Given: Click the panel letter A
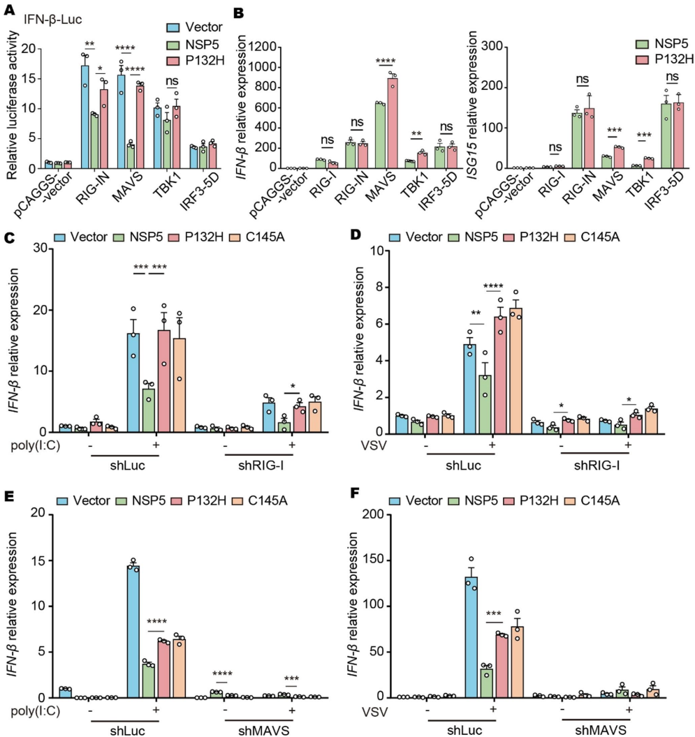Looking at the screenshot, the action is [x=9, y=9].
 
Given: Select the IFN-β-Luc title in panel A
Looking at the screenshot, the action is [x=52, y=20].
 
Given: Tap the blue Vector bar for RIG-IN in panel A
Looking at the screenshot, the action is [x=85, y=117].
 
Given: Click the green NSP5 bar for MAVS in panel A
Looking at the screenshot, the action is [x=131, y=156].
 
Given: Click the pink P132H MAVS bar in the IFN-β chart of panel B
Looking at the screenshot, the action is [x=393, y=123].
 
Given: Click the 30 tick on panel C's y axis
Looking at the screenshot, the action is [x=41, y=248].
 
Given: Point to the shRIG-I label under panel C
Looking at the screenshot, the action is [x=261, y=466].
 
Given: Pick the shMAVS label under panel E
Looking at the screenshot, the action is [x=263, y=730].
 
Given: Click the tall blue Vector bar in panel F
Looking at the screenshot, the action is [x=471, y=637].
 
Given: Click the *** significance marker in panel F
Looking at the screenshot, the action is [x=494, y=613].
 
